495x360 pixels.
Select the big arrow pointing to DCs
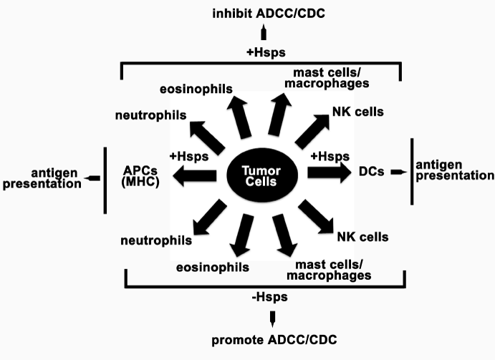(x=327, y=173)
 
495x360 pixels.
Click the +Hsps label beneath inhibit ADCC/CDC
(x=264, y=52)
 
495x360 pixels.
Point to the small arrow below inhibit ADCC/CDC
(x=264, y=33)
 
